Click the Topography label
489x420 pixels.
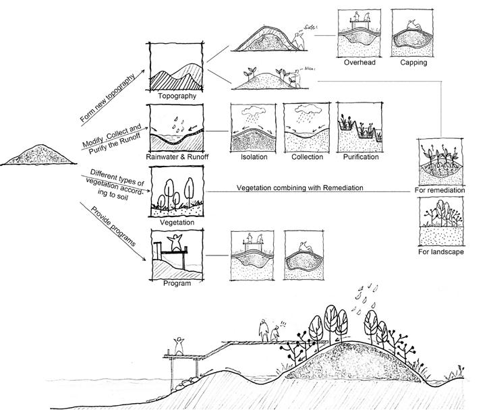[x=177, y=96]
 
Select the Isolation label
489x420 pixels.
[x=254, y=157]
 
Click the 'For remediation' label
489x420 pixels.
[x=441, y=191]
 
